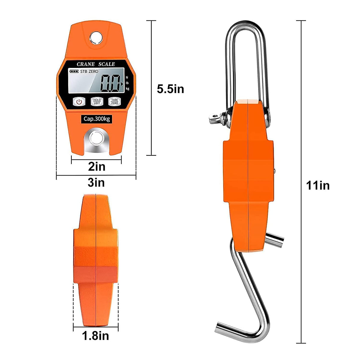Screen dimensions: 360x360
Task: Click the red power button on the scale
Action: click(x=79, y=102)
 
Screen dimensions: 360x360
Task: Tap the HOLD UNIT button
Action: click(x=97, y=102)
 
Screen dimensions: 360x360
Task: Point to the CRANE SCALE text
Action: click(x=95, y=64)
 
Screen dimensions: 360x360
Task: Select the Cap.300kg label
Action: click(x=97, y=119)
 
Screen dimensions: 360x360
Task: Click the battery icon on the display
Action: click(x=74, y=71)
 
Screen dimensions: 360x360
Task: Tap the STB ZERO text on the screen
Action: click(x=89, y=71)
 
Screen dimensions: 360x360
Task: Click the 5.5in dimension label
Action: click(x=171, y=89)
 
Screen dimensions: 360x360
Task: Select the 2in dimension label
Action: click(x=97, y=167)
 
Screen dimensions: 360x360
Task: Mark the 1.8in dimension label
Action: click(x=95, y=336)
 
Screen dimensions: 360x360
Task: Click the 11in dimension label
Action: click(x=318, y=186)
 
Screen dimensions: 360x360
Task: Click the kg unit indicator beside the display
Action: click(x=128, y=88)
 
